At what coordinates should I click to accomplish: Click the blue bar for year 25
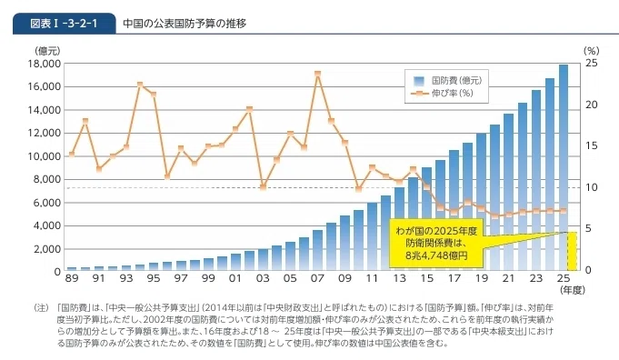[x=564, y=167]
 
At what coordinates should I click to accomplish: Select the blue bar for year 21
[x=508, y=192]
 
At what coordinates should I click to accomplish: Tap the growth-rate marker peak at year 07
[x=317, y=74]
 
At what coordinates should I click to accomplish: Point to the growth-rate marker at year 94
[x=140, y=85]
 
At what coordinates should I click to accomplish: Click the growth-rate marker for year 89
[x=72, y=155]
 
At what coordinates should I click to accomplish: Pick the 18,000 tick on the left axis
[x=44, y=64]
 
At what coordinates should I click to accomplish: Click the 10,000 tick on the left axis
[x=44, y=156]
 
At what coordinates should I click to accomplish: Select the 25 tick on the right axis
[x=592, y=63]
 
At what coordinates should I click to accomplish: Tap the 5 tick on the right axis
[x=588, y=228]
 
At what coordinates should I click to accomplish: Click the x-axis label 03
[x=263, y=279]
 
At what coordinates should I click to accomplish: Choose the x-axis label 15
[x=426, y=279]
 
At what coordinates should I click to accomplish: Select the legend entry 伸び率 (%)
[x=442, y=94]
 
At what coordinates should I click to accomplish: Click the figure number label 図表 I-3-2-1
[x=64, y=24]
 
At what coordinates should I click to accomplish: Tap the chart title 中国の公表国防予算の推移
[x=185, y=24]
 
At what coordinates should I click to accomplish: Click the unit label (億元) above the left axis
[x=47, y=51]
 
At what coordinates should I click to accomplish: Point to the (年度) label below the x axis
[x=573, y=290]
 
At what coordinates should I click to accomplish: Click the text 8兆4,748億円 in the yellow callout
[x=436, y=255]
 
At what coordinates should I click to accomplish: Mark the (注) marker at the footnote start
[x=41, y=308]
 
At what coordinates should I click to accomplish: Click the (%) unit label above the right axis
[x=592, y=51]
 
